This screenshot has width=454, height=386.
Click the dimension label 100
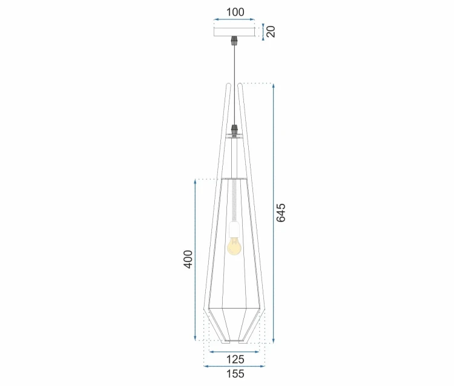coord(235,12)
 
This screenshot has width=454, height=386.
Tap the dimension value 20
coord(271,31)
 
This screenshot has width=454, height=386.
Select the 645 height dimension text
coord(280,213)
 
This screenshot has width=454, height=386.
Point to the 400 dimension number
coord(188,260)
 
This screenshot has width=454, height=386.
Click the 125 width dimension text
coord(235,359)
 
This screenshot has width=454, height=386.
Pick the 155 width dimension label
coord(235,374)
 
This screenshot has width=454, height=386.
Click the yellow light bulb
coord(234,246)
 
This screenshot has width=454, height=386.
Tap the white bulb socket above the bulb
coord(234,229)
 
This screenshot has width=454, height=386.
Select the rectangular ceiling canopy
coord(234,32)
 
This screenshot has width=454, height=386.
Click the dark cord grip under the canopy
coord(234,41)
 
